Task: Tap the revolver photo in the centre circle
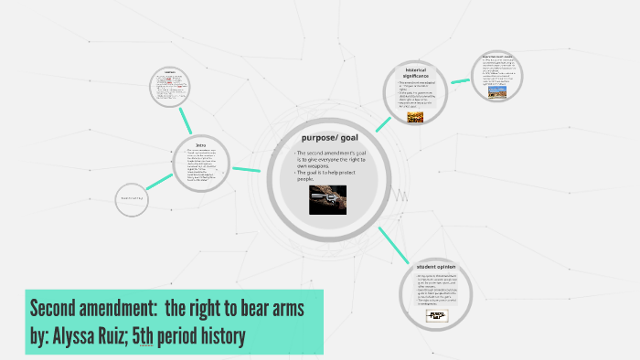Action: (x=327, y=200)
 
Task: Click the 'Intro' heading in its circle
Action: (x=200, y=143)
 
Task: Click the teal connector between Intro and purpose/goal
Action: (x=248, y=169)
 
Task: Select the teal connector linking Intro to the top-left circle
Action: (x=187, y=120)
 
